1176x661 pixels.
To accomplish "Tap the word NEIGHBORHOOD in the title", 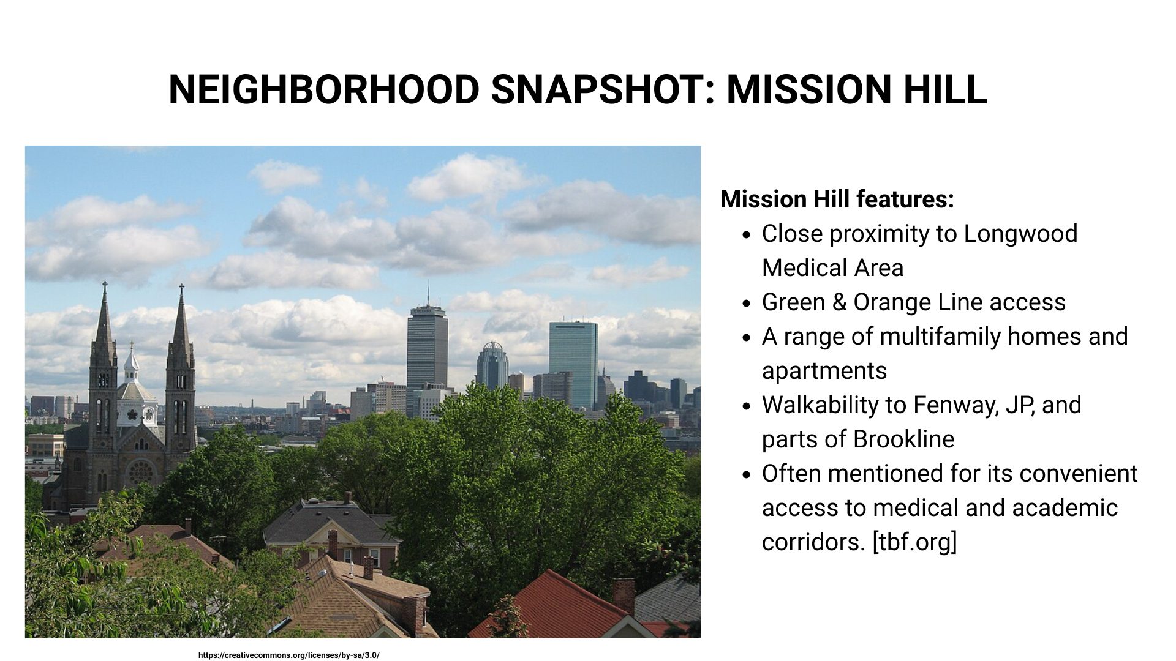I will (x=323, y=89).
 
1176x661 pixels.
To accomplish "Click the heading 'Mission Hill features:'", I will (x=837, y=200).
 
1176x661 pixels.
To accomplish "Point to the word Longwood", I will (x=1020, y=234).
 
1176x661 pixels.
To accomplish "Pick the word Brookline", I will (x=903, y=439).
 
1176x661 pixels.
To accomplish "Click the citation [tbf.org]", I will (x=914, y=542).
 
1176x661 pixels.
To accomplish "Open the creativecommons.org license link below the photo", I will (x=288, y=655).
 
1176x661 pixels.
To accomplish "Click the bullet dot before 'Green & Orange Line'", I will (x=746, y=304).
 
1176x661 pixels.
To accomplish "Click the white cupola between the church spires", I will (x=132, y=367).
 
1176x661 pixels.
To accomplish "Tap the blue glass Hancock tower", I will (x=573, y=361).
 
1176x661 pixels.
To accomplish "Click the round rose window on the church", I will (x=141, y=472).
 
